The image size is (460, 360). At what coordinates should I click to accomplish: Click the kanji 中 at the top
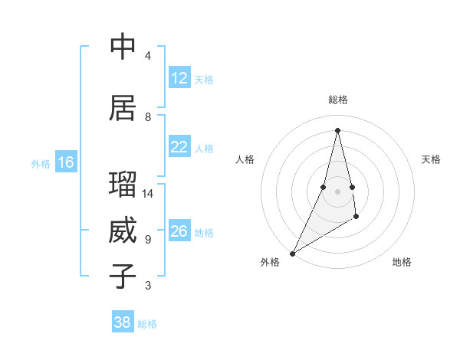pos(123,47)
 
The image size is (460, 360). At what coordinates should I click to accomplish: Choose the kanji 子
pos(123,276)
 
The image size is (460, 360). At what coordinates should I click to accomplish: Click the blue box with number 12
pos(179,78)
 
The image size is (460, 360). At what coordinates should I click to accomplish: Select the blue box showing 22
pos(179,147)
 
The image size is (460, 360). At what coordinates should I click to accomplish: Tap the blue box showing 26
pos(179,231)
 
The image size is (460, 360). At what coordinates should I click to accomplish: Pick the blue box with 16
pos(66,162)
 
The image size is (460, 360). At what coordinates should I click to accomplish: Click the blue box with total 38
pos(123,322)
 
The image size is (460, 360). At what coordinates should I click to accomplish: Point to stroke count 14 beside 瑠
pos(148,194)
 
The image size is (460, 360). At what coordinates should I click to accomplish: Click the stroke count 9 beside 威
pos(148,240)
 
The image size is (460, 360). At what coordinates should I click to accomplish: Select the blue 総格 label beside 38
pos(147,324)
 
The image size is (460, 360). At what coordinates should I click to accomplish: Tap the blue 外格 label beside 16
pos(41,163)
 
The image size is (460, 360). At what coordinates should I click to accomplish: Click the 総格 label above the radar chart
pos(337,100)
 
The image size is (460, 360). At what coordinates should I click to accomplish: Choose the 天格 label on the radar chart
pos(432,159)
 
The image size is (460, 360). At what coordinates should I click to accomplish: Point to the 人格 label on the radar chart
pos(245,159)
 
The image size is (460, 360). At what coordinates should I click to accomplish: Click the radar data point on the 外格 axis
pos(292,253)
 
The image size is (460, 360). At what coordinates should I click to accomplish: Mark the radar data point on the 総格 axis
pos(337,129)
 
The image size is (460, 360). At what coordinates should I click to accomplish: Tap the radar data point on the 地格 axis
pos(356,218)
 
